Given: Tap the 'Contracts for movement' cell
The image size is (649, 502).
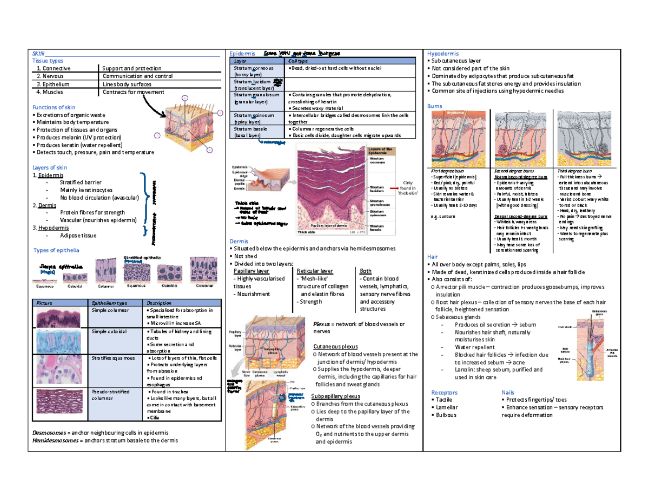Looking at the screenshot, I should [132, 92].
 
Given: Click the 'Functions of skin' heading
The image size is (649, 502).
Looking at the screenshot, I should [53, 107].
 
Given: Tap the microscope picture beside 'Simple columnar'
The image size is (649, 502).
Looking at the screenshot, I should [59, 317].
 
